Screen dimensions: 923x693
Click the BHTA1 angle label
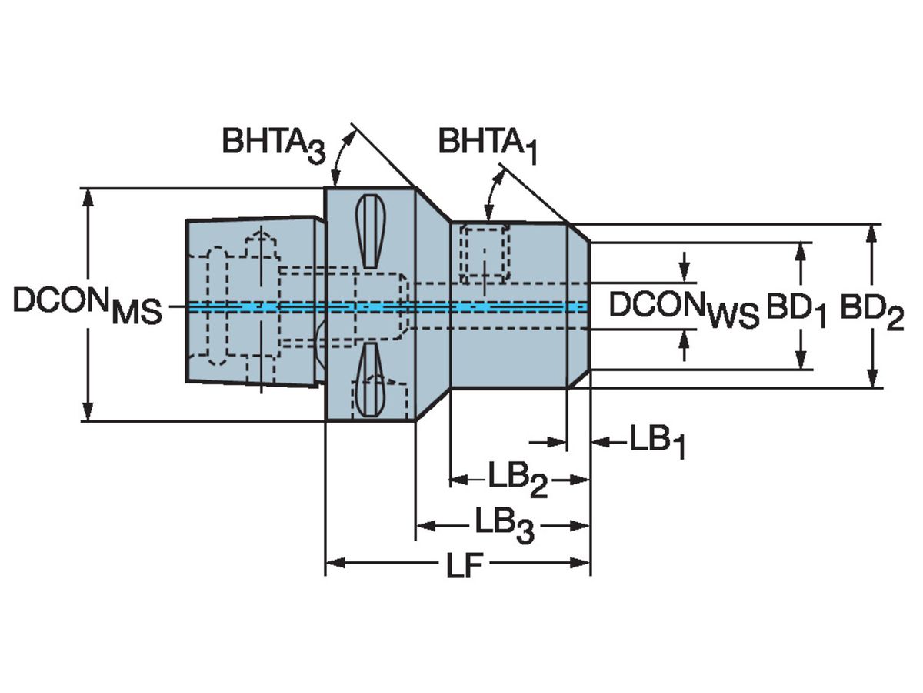pos(488,146)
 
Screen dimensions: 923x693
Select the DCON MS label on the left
pos(88,305)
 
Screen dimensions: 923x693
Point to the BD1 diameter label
pos(796,310)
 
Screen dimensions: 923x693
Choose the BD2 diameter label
pos(871,312)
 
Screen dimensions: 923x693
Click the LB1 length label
pos(658,442)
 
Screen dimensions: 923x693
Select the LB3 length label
pos(504,526)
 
